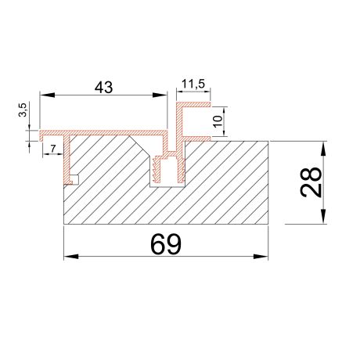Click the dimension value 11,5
click(x=193, y=82)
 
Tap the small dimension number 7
click(x=52, y=147)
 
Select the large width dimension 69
click(x=164, y=244)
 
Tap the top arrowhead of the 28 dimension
click(x=323, y=146)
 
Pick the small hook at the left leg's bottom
click(x=75, y=179)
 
